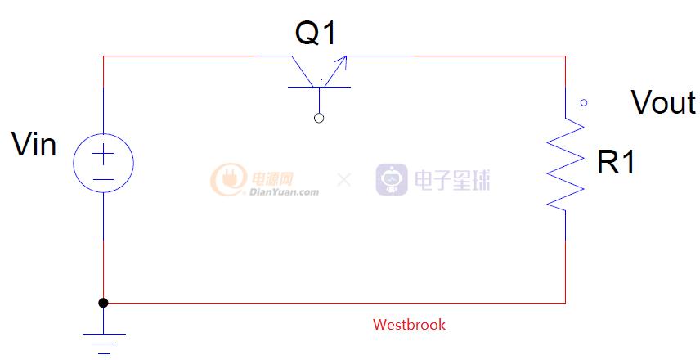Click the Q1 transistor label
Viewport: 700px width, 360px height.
pyautogui.click(x=316, y=34)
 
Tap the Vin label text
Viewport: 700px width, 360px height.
pyautogui.click(x=34, y=145)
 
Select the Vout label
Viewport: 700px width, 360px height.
pyautogui.click(x=663, y=103)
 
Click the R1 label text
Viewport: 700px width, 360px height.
pyautogui.click(x=616, y=163)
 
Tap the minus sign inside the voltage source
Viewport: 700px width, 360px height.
pyautogui.click(x=103, y=178)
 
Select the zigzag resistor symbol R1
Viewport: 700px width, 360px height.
pyautogui.click(x=566, y=164)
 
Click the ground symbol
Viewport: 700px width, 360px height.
pyautogui.click(x=103, y=340)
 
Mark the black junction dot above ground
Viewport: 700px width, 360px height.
pyautogui.click(x=103, y=303)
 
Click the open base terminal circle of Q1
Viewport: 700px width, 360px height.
pyautogui.click(x=319, y=118)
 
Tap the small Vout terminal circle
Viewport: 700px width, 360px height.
pyautogui.click(x=583, y=103)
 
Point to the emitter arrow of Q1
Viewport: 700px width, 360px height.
pyautogui.click(x=341, y=61)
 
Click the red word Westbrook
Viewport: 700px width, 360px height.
pyautogui.click(x=409, y=325)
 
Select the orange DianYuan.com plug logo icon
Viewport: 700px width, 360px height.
pyautogui.click(x=225, y=179)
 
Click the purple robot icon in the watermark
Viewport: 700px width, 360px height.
pyautogui.click(x=392, y=179)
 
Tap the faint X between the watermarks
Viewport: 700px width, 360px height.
pyautogui.click(x=344, y=179)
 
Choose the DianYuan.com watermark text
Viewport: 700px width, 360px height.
pyautogui.click(x=281, y=193)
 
